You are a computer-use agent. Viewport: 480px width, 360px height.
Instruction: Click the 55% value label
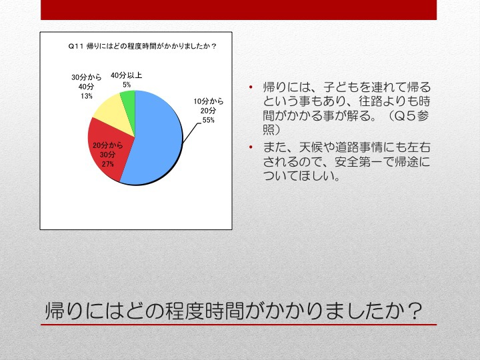click(x=209, y=120)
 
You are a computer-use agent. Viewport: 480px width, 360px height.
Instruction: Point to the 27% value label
click(x=108, y=164)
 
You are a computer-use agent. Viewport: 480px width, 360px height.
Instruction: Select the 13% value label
click(x=87, y=96)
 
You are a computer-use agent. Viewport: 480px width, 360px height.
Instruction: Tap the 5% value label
click(x=127, y=85)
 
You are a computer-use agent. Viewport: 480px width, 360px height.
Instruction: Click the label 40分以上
click(x=127, y=75)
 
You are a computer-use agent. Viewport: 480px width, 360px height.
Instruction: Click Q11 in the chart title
click(x=75, y=46)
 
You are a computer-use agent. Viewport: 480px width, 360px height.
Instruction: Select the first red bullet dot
click(x=251, y=87)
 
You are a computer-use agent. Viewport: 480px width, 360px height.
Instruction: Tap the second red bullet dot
click(x=251, y=147)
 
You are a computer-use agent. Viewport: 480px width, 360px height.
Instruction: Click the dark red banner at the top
click(x=239, y=10)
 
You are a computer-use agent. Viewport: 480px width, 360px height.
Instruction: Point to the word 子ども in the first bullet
click(x=341, y=87)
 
